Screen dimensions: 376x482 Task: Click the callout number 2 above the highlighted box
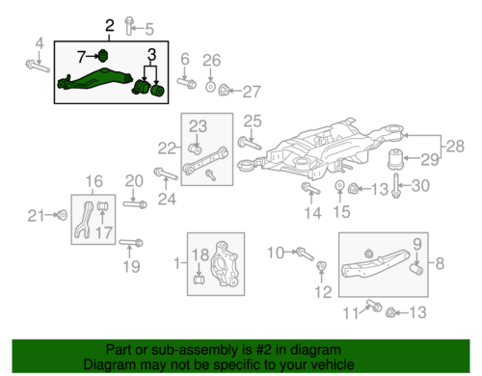click(109, 26)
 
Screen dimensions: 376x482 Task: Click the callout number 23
click(198, 125)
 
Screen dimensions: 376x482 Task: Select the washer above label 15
click(340, 185)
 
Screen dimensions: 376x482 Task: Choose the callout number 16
click(94, 181)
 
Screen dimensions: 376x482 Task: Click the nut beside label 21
click(60, 214)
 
